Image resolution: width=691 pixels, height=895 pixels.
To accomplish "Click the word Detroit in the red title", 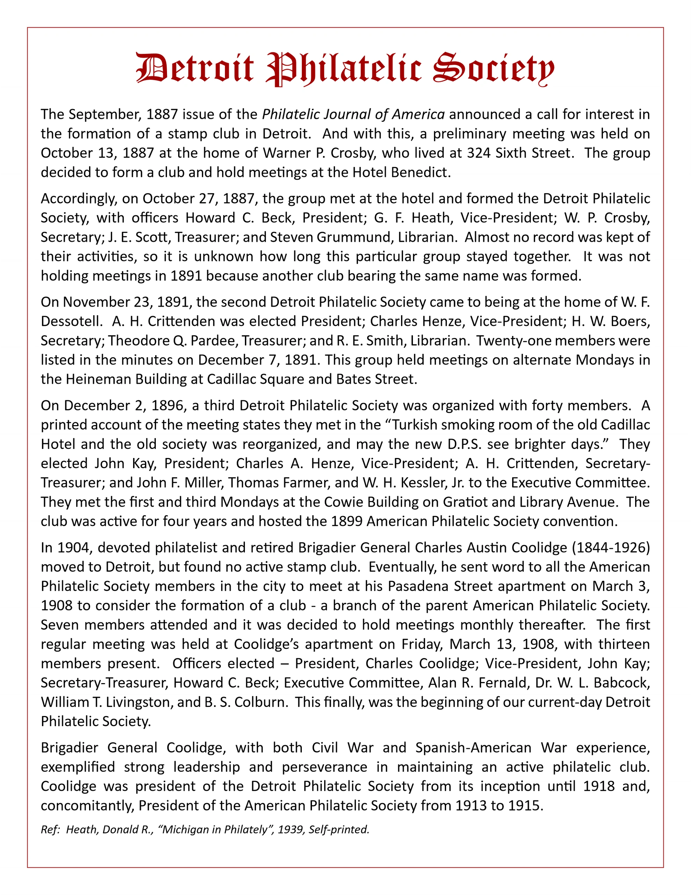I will (x=195, y=68).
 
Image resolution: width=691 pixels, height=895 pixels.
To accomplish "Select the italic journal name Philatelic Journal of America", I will (x=353, y=114).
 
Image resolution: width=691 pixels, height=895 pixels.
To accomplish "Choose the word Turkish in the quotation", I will (x=417, y=424).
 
